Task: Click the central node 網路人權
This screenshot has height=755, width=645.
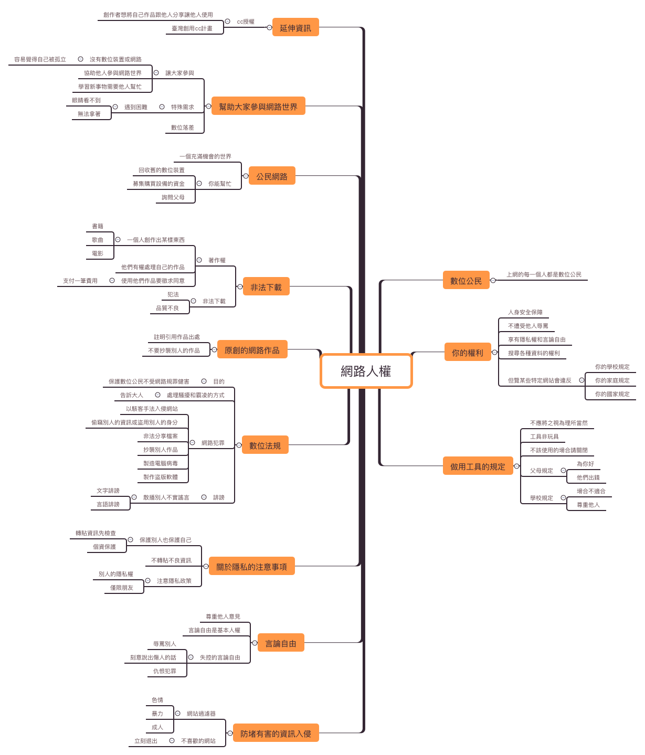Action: pyautogui.click(x=366, y=371)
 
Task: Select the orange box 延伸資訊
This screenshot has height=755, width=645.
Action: pyautogui.click(x=295, y=28)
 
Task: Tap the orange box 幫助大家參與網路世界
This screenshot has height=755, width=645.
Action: pyautogui.click(x=258, y=107)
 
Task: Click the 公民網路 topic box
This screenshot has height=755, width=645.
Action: pyautogui.click(x=272, y=176)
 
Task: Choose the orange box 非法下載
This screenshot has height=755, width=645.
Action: pyautogui.click(x=266, y=287)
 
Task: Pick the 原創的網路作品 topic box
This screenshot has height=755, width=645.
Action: pyautogui.click(x=252, y=350)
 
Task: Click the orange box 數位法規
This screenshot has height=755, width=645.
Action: pyautogui.click(x=265, y=445)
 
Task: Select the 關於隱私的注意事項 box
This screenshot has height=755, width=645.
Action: pyautogui.click(x=252, y=567)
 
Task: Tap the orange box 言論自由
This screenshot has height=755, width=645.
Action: pyautogui.click(x=281, y=643)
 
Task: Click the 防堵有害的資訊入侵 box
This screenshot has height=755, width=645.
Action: pyautogui.click(x=276, y=733)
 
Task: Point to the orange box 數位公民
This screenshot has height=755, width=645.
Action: pyautogui.click(x=466, y=281)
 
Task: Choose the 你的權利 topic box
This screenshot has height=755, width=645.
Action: pyautogui.click(x=468, y=353)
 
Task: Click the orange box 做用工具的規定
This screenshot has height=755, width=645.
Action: pyautogui.click(x=478, y=466)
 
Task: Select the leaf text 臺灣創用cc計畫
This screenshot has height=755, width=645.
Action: pyautogui.click(x=192, y=29)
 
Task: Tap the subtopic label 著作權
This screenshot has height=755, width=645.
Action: pyautogui.click(x=217, y=260)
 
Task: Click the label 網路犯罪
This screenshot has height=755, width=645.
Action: pyautogui.click(x=213, y=443)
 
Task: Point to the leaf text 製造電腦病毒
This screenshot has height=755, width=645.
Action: pyautogui.click(x=161, y=463)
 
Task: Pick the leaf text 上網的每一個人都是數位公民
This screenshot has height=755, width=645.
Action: pyautogui.click(x=544, y=274)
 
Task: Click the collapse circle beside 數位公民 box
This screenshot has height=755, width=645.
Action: pyautogui.click(x=493, y=281)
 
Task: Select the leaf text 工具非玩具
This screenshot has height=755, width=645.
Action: pyautogui.click(x=544, y=437)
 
